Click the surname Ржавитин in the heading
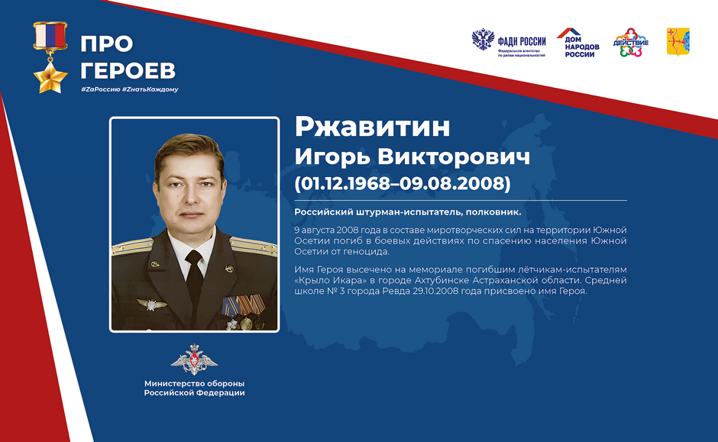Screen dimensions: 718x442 [x=372, y=127]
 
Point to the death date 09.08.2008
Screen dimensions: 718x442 [x=452, y=183]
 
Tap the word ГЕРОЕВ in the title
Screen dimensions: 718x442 [x=128, y=70]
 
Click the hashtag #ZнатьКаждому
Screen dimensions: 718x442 [x=150, y=89]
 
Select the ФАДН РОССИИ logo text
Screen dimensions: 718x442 [x=522, y=42]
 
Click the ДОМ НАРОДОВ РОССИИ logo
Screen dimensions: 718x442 [x=578, y=43]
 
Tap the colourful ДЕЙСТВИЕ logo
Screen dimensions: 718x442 [x=630, y=43]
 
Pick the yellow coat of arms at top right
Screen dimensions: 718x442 [x=678, y=42]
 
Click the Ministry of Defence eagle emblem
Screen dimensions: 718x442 [x=194, y=360]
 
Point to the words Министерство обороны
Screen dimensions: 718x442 [x=195, y=383]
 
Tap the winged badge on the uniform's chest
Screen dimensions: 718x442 [x=151, y=304]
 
